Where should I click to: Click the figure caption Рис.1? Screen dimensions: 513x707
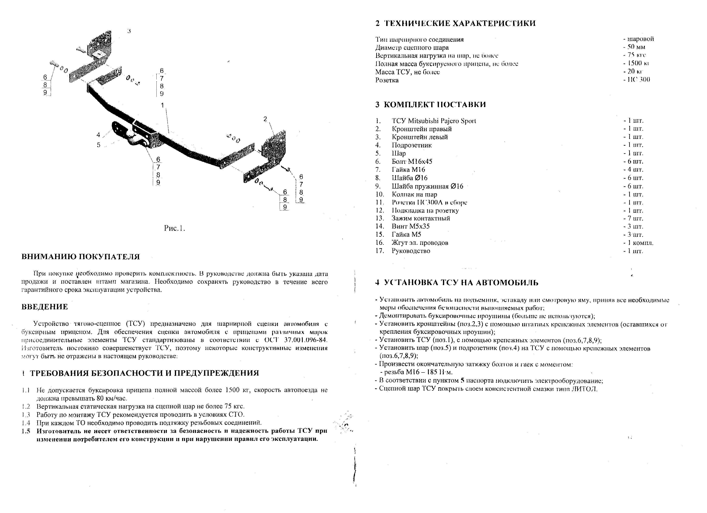click(174, 228)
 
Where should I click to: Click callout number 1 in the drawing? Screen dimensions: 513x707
click(162, 105)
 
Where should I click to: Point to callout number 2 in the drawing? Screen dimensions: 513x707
click(265, 119)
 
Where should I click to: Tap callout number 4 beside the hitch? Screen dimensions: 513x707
click(98, 135)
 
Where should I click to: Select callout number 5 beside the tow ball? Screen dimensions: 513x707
click(98, 145)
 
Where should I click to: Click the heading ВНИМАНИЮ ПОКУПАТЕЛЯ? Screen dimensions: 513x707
click(80, 257)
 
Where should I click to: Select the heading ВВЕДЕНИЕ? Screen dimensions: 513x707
click(45, 307)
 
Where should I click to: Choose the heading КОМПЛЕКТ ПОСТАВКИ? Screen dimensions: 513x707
click(434, 104)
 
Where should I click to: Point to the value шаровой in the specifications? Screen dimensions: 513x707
click(640, 39)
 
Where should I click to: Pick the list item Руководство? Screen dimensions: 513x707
click(411, 251)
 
